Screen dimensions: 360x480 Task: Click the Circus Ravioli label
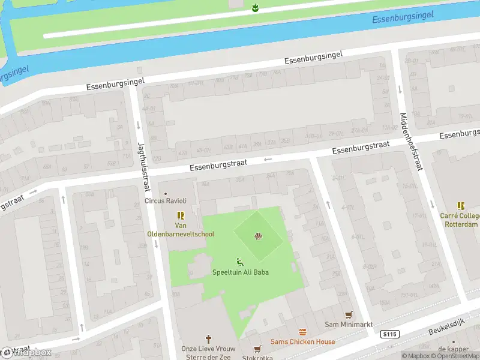click(166, 201)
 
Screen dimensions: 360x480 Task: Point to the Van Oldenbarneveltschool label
click(181, 230)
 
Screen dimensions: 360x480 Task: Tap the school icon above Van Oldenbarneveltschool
click(180, 215)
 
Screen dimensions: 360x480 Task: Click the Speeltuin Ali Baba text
click(240, 272)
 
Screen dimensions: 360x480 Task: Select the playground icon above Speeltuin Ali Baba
click(240, 262)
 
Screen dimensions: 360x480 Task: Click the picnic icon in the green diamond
click(259, 236)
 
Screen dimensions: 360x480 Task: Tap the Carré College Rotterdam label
click(459, 220)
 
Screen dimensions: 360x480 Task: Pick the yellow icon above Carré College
click(461, 206)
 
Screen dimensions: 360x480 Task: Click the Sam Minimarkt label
click(348, 325)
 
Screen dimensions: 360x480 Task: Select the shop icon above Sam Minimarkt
click(349, 314)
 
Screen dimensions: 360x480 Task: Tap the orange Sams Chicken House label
click(302, 342)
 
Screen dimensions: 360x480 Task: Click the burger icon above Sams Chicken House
click(303, 332)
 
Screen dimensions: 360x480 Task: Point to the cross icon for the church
click(209, 338)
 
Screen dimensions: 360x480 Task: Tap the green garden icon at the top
click(255, 7)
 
